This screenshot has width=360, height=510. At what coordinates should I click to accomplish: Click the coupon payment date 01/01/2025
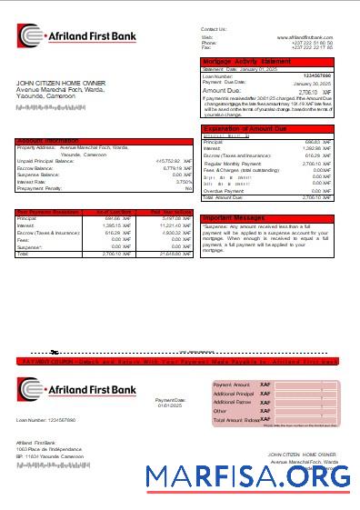tap(170, 405)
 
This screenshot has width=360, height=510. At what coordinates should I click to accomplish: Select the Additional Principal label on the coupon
tap(235, 394)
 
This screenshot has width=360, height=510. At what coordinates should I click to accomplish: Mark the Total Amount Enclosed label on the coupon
tap(237, 420)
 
